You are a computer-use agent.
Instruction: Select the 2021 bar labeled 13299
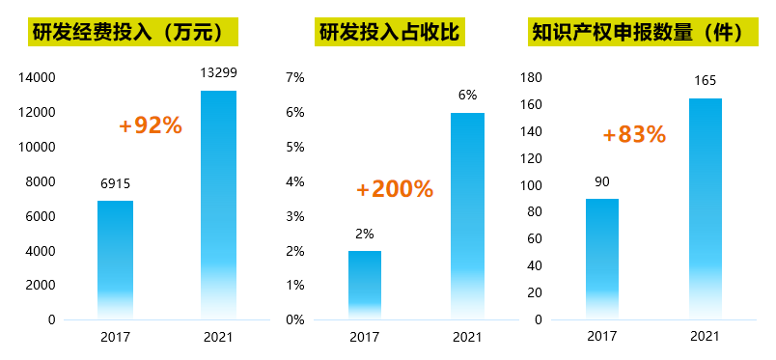[x=218, y=205]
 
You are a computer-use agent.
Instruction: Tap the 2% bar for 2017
[x=365, y=285]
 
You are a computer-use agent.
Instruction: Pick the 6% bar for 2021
[x=467, y=216]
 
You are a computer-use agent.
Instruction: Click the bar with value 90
[x=602, y=259]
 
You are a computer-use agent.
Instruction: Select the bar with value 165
[x=705, y=208]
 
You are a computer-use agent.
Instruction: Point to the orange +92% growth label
[x=150, y=125]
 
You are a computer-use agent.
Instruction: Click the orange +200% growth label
[x=394, y=189]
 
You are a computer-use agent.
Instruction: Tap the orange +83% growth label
[x=634, y=135]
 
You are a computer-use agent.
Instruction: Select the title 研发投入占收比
[x=388, y=33]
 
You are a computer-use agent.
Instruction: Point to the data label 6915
[x=115, y=182]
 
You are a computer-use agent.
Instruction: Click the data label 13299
[x=218, y=72]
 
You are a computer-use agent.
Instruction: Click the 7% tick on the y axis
[x=295, y=77]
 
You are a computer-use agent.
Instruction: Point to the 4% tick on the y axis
[x=295, y=181]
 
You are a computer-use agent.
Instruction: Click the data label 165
[x=705, y=81]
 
